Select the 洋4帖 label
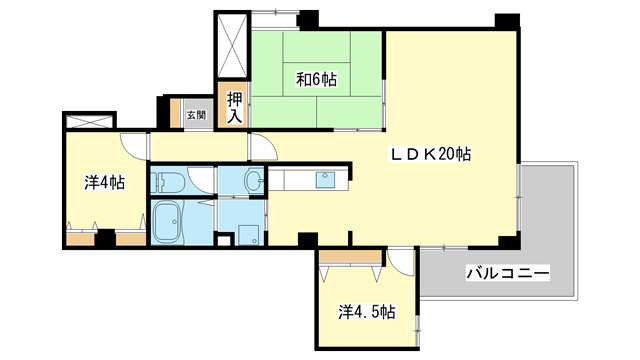tap(104, 182)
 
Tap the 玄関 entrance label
tap(195, 115)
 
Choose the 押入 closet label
tap(234, 106)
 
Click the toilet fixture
tap(168, 182)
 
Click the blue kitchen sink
tap(326, 181)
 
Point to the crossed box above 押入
tap(233, 46)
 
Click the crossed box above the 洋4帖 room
tap(89, 123)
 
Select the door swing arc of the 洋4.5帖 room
tap(400, 260)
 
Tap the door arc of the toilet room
tap(202, 178)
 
